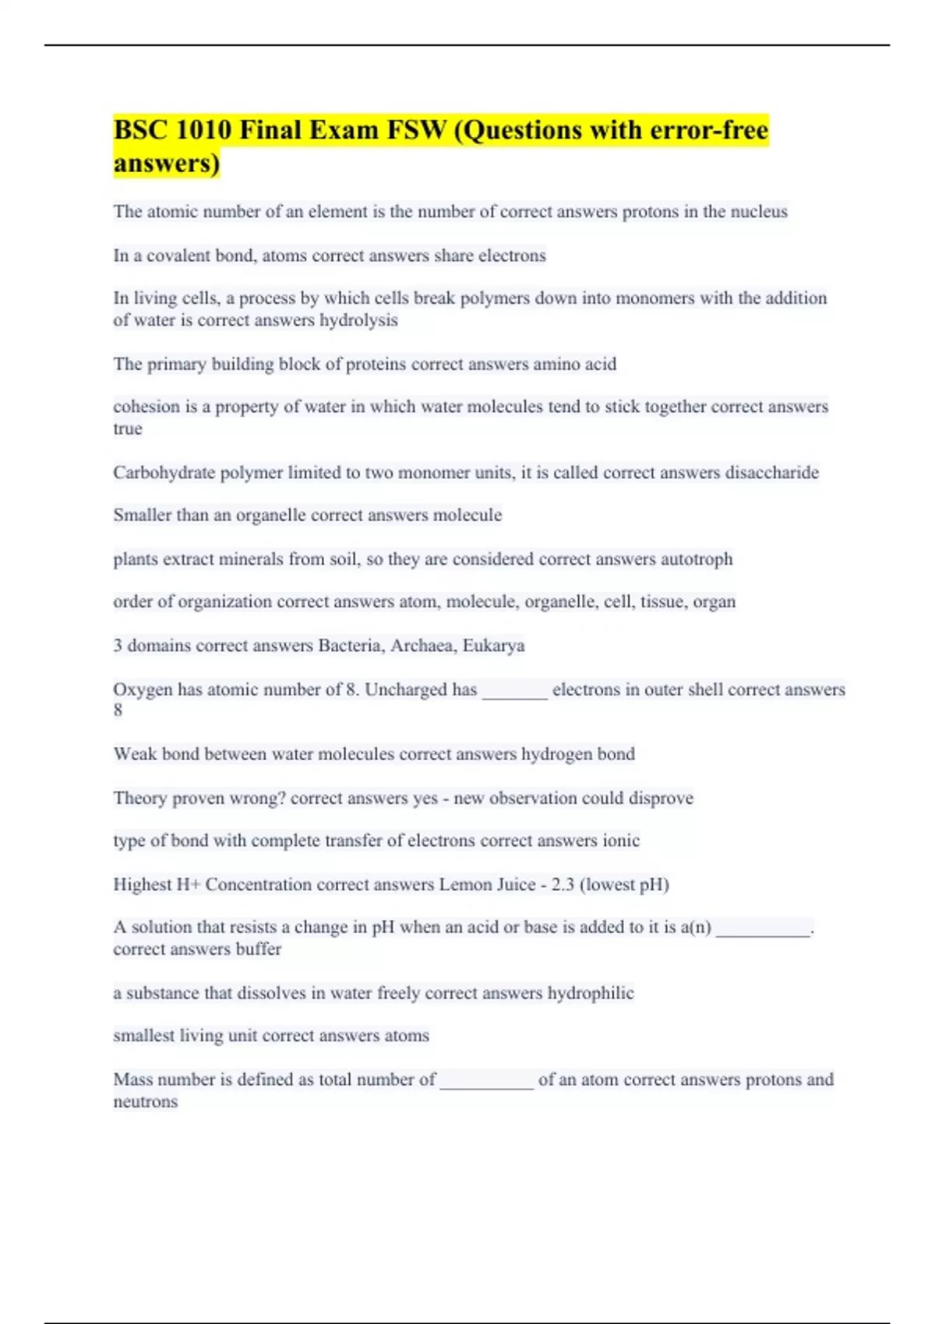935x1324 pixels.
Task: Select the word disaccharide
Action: [771, 472]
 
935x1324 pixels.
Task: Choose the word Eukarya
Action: [493, 645]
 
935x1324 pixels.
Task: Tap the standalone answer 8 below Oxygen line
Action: [118, 710]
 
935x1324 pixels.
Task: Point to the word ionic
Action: [621, 840]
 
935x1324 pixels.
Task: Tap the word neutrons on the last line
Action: [145, 1101]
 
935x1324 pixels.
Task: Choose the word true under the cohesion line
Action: [128, 428]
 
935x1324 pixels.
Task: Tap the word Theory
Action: [139, 798]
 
